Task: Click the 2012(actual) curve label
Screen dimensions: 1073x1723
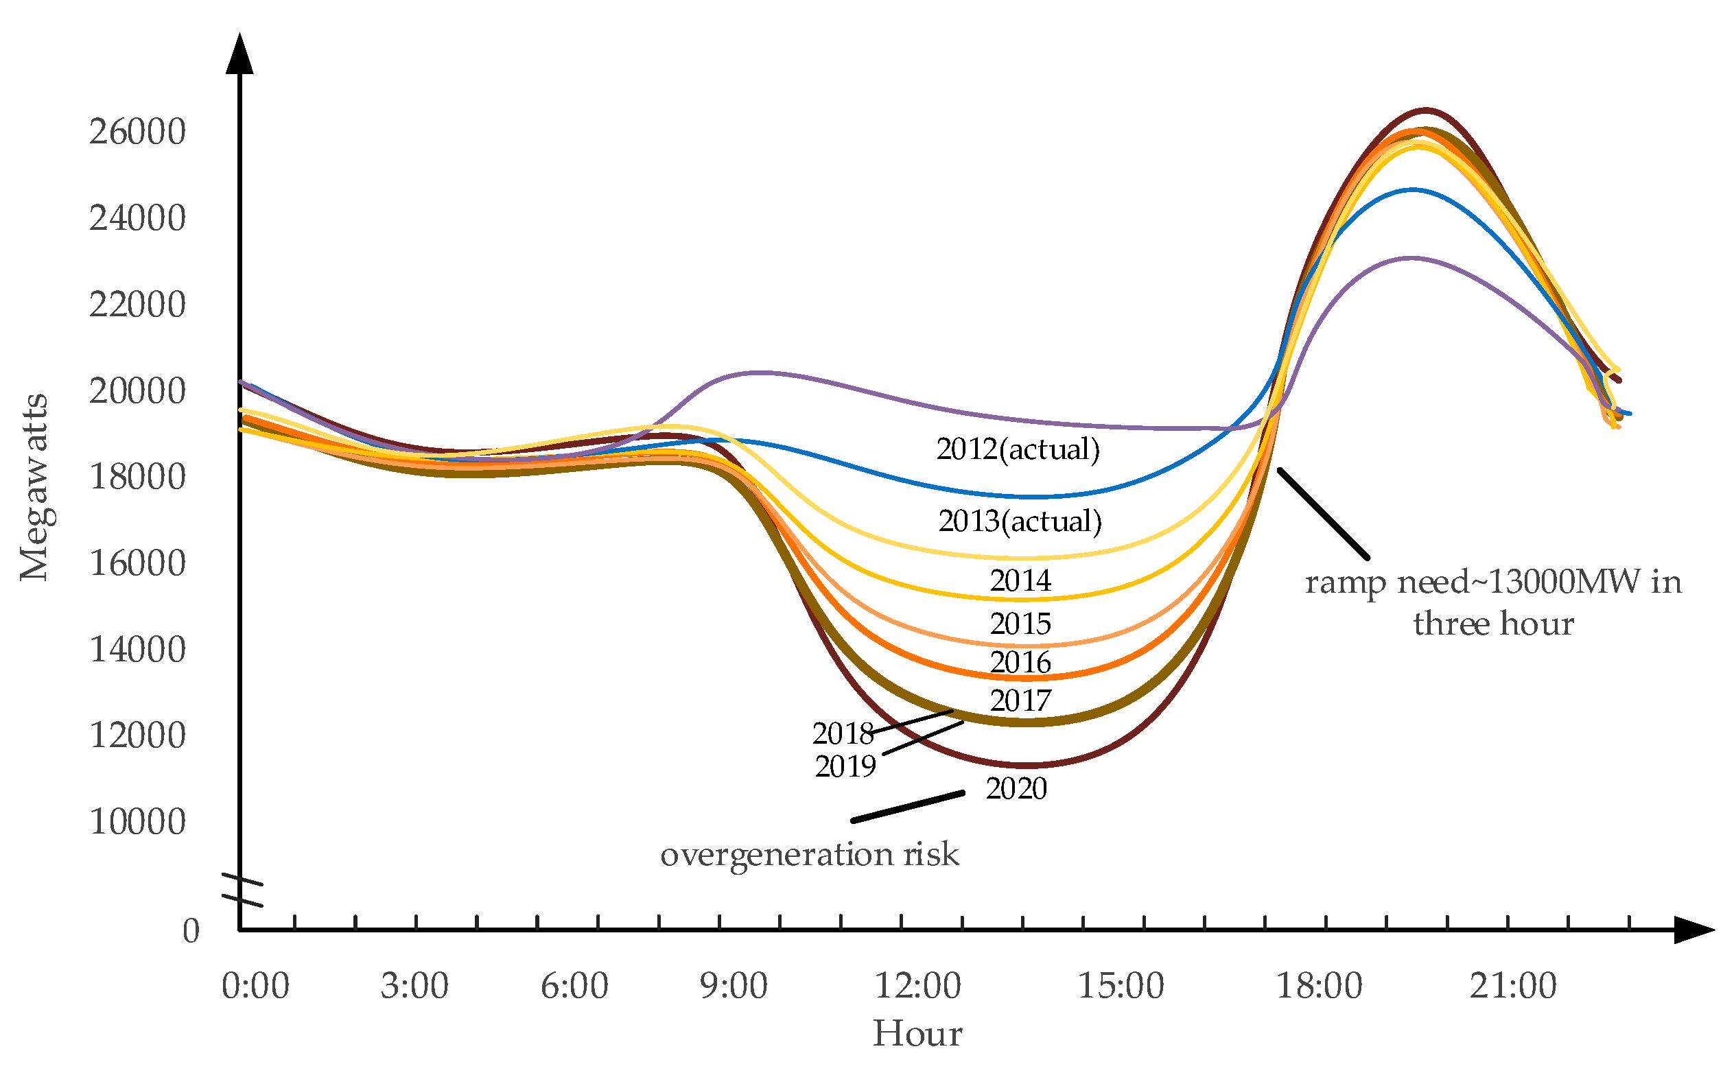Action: click(1018, 449)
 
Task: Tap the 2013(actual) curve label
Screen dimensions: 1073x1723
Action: click(1020, 521)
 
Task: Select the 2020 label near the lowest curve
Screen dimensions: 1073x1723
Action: click(1016, 789)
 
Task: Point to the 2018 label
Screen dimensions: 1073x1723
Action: click(843, 733)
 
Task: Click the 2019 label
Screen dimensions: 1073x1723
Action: click(845, 766)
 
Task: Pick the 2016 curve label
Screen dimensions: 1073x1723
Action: click(1020, 663)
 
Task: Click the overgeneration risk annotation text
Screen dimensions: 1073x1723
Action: click(809, 853)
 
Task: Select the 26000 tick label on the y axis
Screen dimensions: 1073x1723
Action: click(137, 132)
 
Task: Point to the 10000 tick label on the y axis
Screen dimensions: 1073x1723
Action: click(137, 822)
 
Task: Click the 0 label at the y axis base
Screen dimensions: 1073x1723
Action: click(191, 931)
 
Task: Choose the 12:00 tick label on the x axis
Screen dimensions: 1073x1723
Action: click(917, 986)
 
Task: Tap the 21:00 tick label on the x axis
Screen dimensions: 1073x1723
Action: click(1512, 986)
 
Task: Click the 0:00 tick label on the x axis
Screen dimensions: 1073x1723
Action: click(255, 986)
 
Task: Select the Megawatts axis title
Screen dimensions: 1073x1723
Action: click(34, 488)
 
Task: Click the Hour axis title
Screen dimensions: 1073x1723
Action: click(917, 1034)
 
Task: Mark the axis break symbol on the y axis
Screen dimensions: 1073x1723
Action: click(242, 891)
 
